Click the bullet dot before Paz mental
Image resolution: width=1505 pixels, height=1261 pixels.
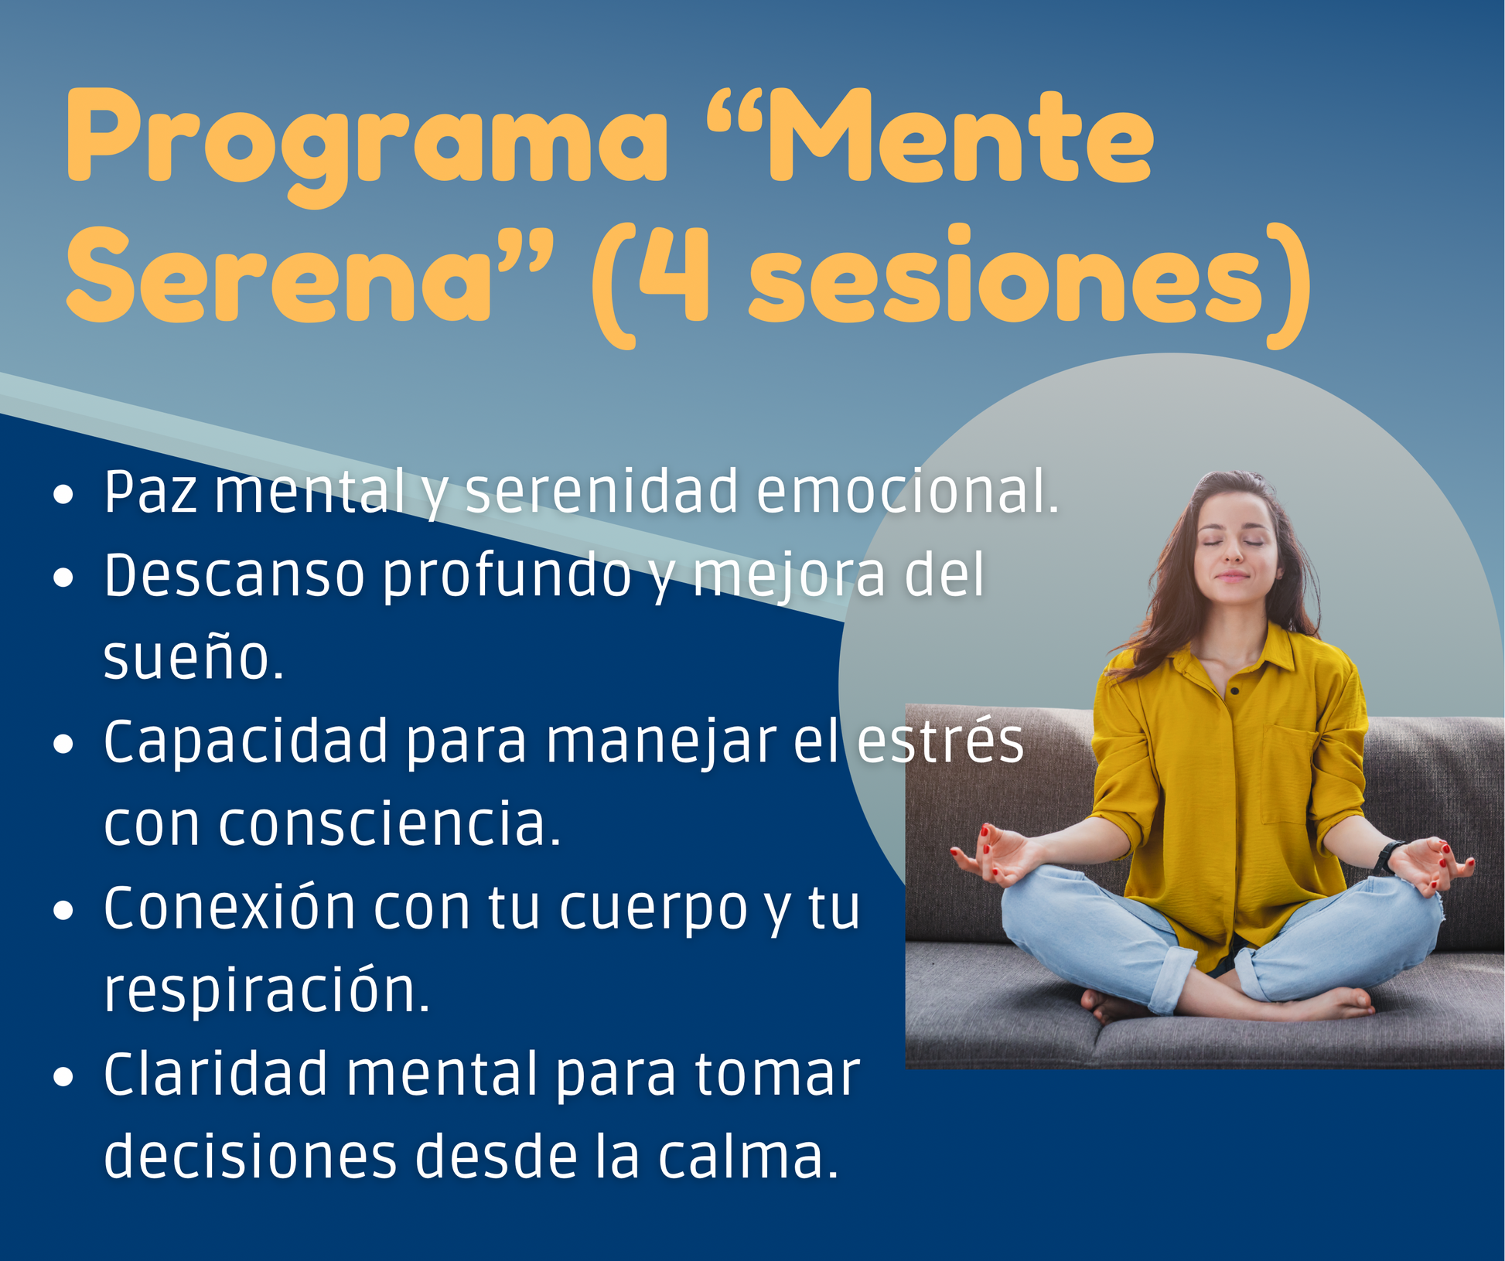(x=63, y=494)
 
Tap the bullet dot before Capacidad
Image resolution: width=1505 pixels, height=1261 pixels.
(x=63, y=744)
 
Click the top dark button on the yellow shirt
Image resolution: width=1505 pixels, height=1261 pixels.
(x=1236, y=691)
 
